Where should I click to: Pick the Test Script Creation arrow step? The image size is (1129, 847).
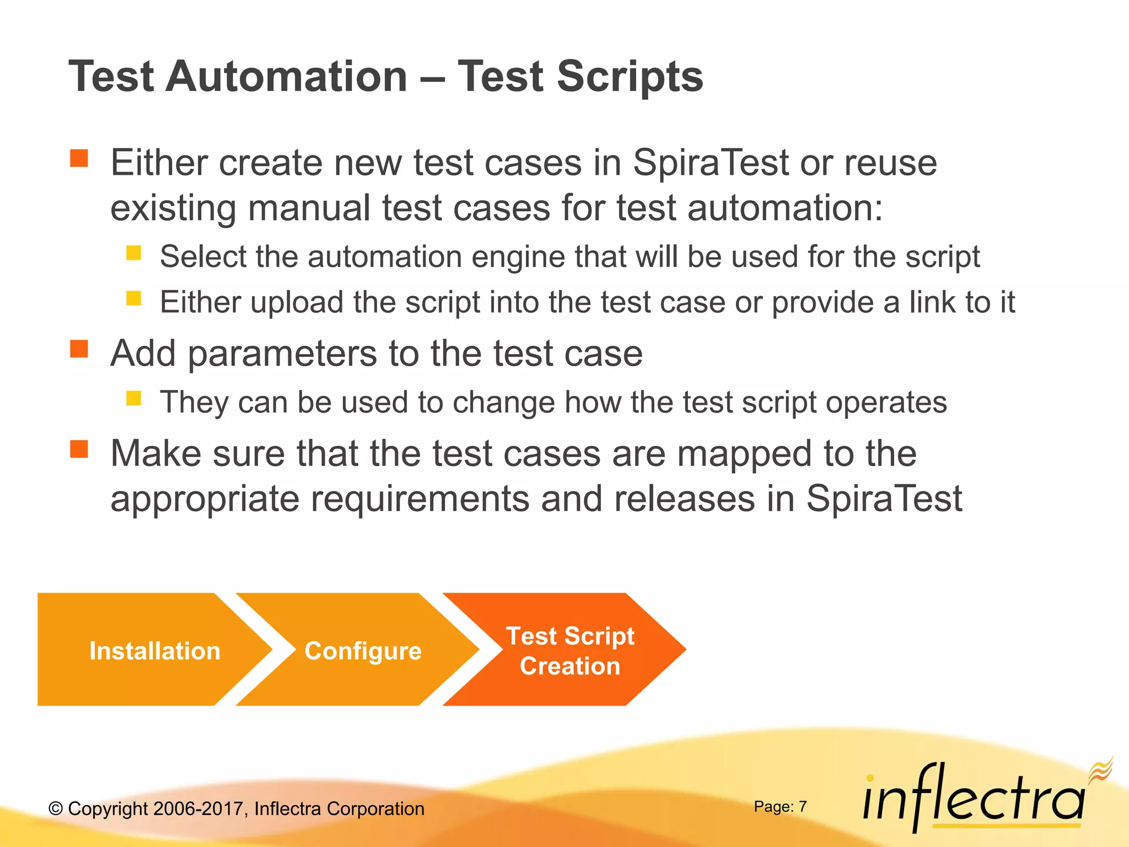point(570,651)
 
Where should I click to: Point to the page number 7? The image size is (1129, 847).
point(803,807)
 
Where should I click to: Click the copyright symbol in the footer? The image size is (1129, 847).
point(56,809)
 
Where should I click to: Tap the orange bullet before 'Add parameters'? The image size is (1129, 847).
point(79,349)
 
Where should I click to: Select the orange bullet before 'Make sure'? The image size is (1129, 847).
point(79,449)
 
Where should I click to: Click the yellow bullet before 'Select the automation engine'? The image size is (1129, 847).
point(133,253)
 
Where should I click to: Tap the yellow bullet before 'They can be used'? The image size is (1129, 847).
point(133,398)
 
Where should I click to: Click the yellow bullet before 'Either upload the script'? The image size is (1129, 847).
point(133,298)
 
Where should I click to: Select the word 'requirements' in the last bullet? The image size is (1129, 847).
point(420,498)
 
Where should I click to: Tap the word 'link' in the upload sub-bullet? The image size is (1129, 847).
point(932,302)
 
